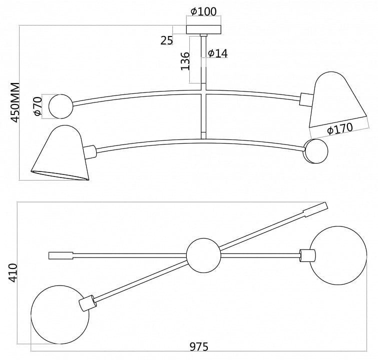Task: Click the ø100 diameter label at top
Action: pos(203,11)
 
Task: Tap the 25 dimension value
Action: pos(167,40)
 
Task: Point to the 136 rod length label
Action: pos(185,61)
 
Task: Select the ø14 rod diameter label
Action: pos(217,53)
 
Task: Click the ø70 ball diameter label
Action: pos(38,106)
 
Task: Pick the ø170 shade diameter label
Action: pos(340,128)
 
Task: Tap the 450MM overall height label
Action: pos(15,102)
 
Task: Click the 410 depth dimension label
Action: pos(13,273)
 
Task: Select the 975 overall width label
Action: pos(199,347)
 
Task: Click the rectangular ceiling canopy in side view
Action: pos(204,29)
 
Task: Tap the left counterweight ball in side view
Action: pos(61,106)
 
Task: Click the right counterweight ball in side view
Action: pos(316,151)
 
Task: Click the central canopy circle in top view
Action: pos(204,255)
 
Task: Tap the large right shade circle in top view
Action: pos(338,255)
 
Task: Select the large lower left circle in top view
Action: pos(60,314)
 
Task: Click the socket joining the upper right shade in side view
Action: pos(306,99)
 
